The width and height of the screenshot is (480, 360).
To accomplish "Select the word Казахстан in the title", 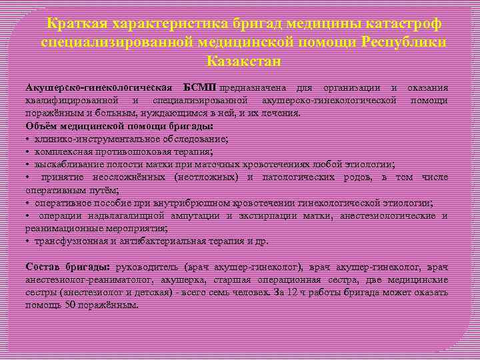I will (244, 61).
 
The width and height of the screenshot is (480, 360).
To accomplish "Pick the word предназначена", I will (254, 88).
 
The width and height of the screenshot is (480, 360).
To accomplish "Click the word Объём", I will (41, 126).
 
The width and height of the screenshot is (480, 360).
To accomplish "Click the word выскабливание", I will (70, 164).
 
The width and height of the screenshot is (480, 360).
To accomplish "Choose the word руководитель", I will (148, 267).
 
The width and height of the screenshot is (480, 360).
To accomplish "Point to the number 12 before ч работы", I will (314, 292).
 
